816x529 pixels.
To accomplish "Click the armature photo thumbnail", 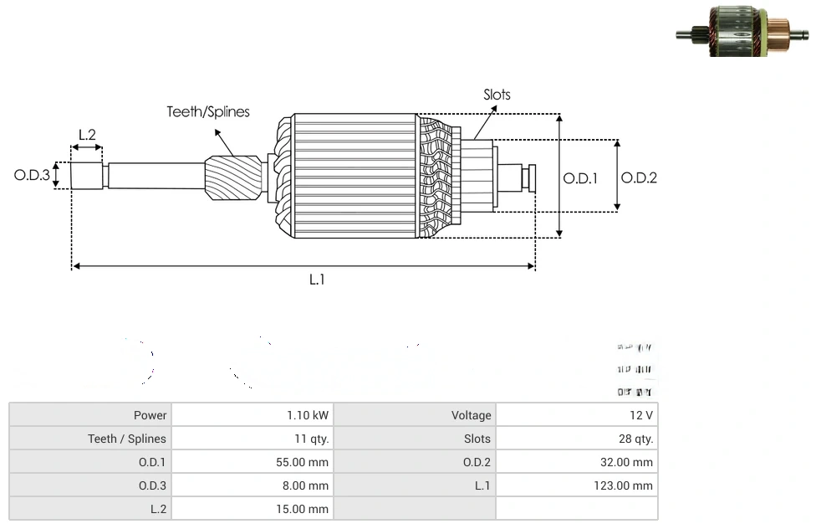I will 742,32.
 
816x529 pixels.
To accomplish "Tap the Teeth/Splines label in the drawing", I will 208,111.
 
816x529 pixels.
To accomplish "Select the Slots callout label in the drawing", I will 497,95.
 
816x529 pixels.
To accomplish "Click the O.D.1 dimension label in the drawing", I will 580,177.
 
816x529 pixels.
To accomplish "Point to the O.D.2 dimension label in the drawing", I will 639,177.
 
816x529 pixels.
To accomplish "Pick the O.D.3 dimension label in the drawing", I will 32,176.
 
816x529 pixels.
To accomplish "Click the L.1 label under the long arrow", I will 317,280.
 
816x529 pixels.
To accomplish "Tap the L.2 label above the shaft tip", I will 87,134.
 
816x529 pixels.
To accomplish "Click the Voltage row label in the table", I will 472,415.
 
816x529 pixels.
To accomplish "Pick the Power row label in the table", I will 150,415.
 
